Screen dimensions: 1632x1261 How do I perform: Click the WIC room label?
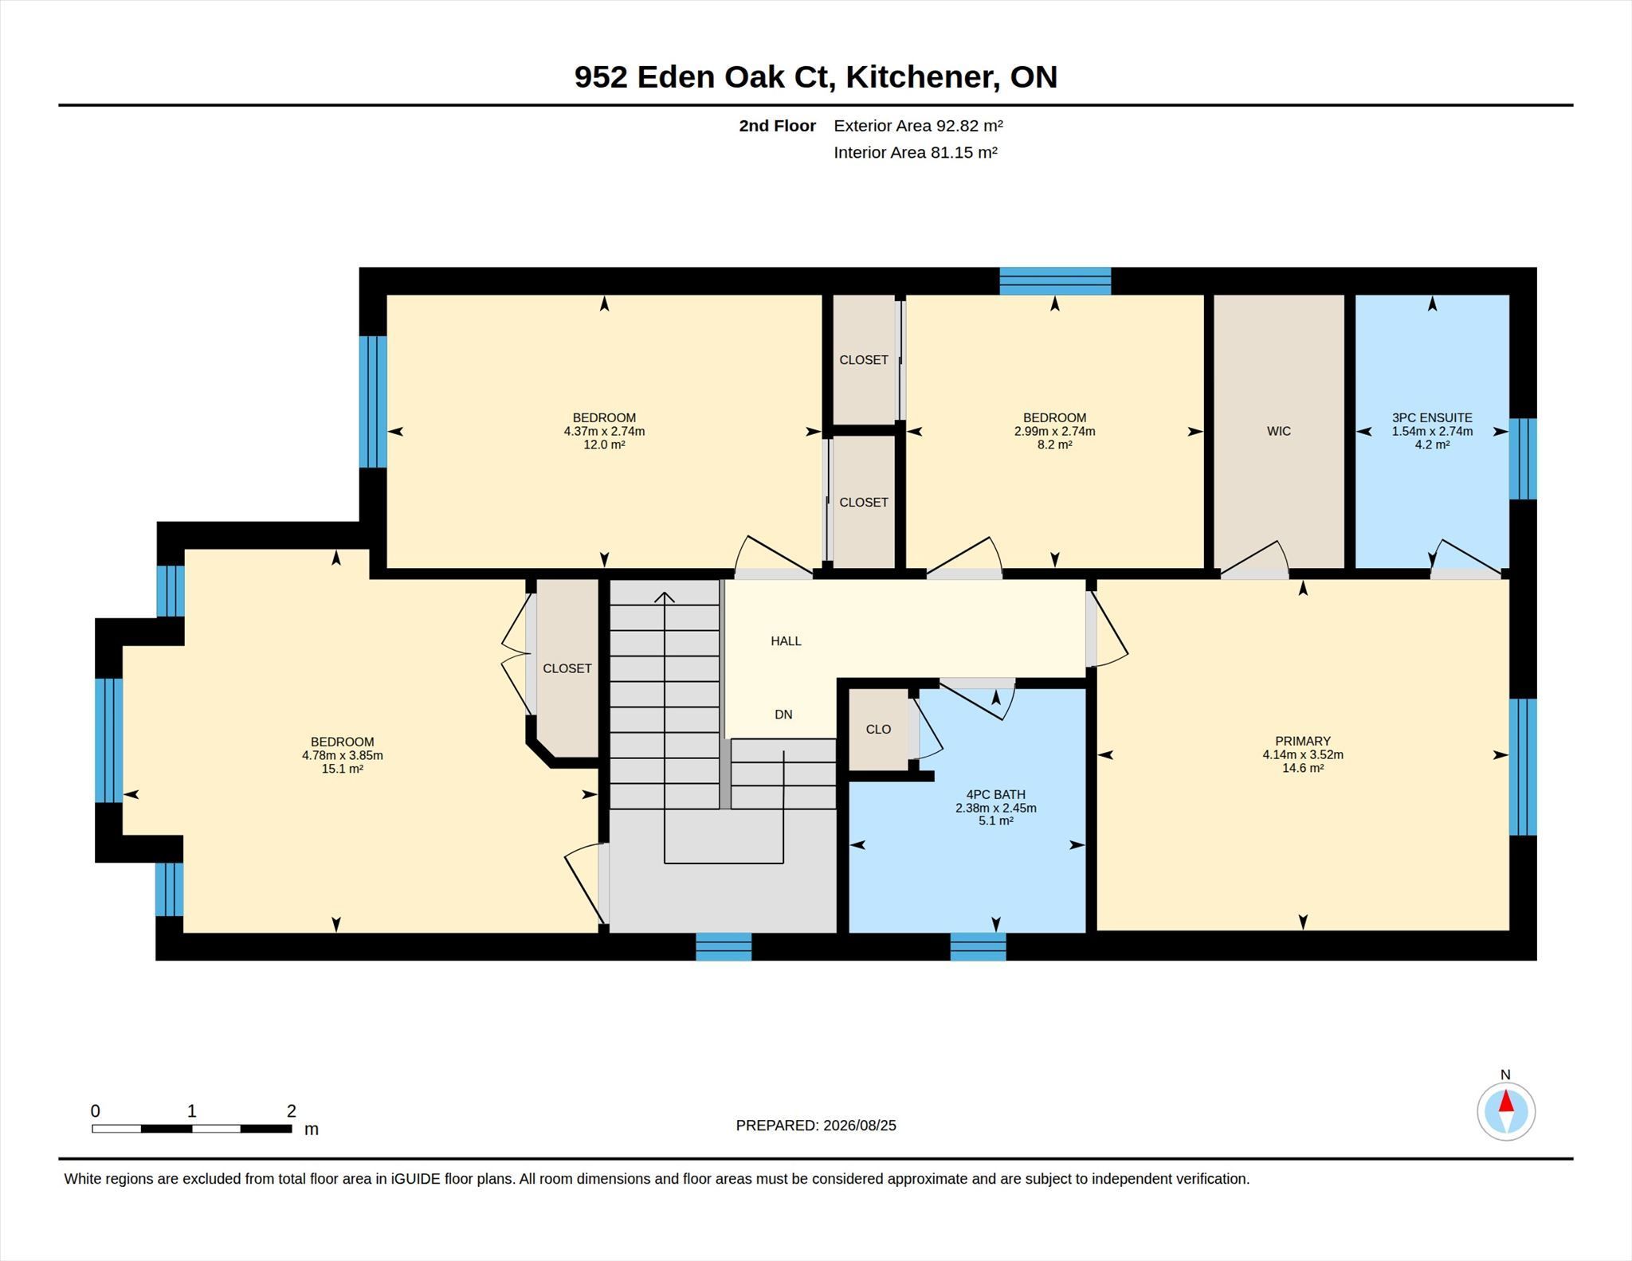coord(1278,431)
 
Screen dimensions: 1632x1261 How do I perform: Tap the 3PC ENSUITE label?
coord(1432,417)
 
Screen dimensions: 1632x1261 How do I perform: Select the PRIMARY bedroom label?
coord(1303,741)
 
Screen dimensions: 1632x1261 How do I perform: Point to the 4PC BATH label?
coord(995,794)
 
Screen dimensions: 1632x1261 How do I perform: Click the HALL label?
coord(786,640)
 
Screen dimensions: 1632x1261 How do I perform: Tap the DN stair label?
coord(783,715)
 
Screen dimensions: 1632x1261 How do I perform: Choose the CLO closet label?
coord(878,729)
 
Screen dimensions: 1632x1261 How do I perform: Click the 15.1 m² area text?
coord(343,769)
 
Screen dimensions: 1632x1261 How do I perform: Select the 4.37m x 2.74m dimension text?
coord(604,431)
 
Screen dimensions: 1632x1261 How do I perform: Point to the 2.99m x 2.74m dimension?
coord(1054,431)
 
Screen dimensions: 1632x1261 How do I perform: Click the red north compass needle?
coord(1506,1101)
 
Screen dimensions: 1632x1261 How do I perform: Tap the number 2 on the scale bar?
coord(292,1110)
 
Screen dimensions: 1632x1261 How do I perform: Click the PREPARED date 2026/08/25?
coord(860,1126)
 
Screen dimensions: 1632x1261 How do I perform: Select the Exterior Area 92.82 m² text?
coord(918,126)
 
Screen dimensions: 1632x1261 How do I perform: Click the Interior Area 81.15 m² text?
coord(916,152)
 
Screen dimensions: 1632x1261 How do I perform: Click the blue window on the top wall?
coord(1055,281)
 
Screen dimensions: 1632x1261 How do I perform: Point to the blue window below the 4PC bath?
coord(978,946)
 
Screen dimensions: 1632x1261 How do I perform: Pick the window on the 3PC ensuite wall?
coord(1523,459)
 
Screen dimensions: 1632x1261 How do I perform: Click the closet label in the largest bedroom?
coord(567,668)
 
